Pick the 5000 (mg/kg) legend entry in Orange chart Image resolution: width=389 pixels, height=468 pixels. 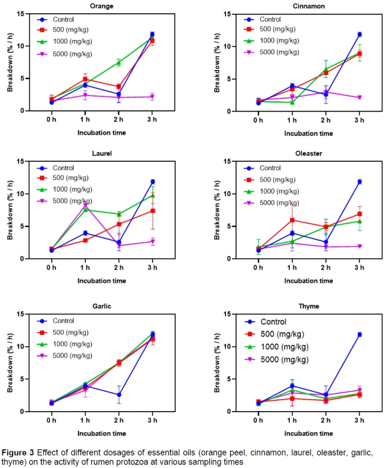tap(71, 54)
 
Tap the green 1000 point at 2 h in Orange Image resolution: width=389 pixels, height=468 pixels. tap(119, 62)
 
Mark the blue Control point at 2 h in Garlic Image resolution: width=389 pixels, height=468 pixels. tap(119, 395)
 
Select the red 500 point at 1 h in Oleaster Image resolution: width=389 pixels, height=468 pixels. tap(292, 220)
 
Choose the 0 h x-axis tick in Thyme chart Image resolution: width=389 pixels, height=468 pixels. tap(258, 421)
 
